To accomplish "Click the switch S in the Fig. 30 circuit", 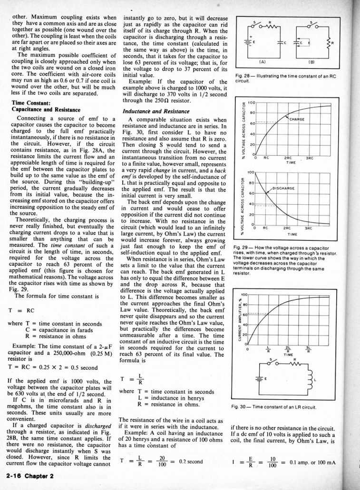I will pyautogui.click(x=272, y=362).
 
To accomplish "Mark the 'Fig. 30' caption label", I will pyautogui.click(x=243, y=407).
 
